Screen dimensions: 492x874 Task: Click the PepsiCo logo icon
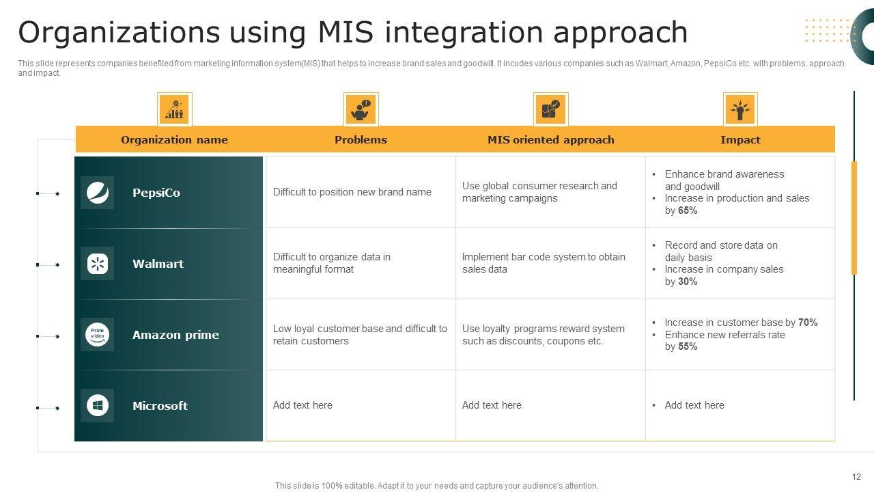tap(97, 193)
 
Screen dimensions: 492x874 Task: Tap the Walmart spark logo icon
tap(97, 264)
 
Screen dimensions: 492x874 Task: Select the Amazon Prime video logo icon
tap(97, 335)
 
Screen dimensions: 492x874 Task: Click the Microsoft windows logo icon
tap(97, 406)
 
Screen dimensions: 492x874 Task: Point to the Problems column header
tap(361, 139)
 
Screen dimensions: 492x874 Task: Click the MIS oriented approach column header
tap(550, 139)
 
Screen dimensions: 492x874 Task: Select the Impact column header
tap(740, 139)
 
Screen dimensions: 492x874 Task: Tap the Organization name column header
tap(174, 139)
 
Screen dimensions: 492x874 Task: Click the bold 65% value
tap(688, 210)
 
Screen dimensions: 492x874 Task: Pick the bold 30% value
tap(688, 282)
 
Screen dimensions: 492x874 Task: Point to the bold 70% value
tap(808, 323)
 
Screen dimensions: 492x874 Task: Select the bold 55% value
tap(688, 346)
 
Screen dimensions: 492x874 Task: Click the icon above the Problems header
tap(361, 109)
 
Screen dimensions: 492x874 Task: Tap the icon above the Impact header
tap(740, 109)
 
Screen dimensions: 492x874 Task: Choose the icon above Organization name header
tap(174, 109)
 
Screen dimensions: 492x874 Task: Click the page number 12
tap(856, 477)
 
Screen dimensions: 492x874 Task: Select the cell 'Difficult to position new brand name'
tap(352, 192)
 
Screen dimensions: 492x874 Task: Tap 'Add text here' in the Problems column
tap(302, 405)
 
